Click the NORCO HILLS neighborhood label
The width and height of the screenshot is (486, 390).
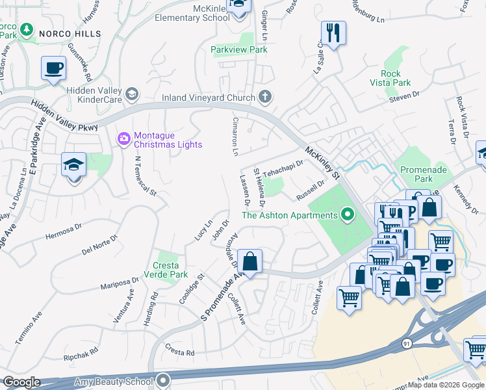70,33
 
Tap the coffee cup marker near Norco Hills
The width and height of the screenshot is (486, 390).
53,68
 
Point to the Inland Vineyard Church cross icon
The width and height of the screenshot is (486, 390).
264,97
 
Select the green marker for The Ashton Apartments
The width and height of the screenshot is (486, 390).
348,214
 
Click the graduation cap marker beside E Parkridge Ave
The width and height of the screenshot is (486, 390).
74,165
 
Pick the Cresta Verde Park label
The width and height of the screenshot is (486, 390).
170,270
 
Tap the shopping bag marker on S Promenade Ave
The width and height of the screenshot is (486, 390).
249,261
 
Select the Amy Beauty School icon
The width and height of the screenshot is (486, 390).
163,380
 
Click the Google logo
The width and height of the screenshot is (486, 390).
21,382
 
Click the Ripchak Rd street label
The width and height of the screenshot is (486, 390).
81,354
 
